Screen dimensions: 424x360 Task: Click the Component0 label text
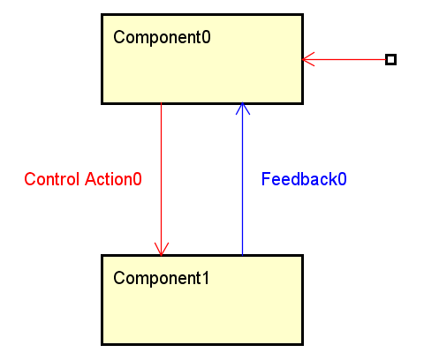(x=162, y=38)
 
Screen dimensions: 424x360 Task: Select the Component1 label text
(x=162, y=278)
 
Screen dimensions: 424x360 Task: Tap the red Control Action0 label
(x=83, y=179)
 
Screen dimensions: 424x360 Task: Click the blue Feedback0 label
(x=304, y=179)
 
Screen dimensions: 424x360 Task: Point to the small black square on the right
(x=390, y=59)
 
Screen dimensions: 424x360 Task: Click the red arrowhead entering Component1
(x=162, y=249)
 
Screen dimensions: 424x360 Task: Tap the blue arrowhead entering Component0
(x=243, y=109)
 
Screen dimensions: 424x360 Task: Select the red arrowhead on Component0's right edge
(x=308, y=59)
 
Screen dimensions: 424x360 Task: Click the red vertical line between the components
(x=161, y=179)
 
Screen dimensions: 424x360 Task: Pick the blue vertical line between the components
(x=242, y=179)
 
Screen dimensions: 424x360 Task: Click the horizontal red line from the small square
(x=344, y=59)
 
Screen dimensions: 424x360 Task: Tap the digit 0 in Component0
(x=206, y=37)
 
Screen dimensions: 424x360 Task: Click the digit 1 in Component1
(x=206, y=278)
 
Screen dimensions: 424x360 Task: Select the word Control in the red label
(x=52, y=179)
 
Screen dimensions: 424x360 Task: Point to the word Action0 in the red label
(x=113, y=179)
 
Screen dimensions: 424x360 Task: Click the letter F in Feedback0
(x=266, y=179)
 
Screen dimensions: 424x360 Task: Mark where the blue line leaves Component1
(x=242, y=255)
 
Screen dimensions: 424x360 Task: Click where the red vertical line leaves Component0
(x=161, y=104)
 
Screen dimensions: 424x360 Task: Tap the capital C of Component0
(x=119, y=37)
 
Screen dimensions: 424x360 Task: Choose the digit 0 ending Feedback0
(x=342, y=179)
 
